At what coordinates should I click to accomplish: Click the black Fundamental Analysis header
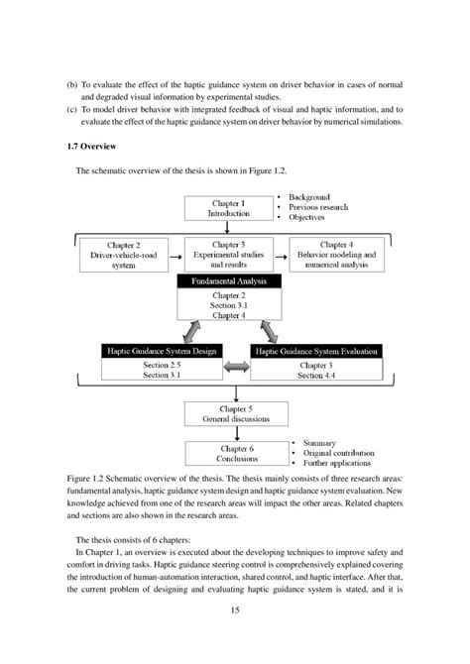[228, 282]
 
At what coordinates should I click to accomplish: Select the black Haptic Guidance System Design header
[162, 351]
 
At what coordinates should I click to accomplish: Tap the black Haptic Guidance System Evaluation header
[304, 351]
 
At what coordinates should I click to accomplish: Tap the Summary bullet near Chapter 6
[315, 442]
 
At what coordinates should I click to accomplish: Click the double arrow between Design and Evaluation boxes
[236, 370]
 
